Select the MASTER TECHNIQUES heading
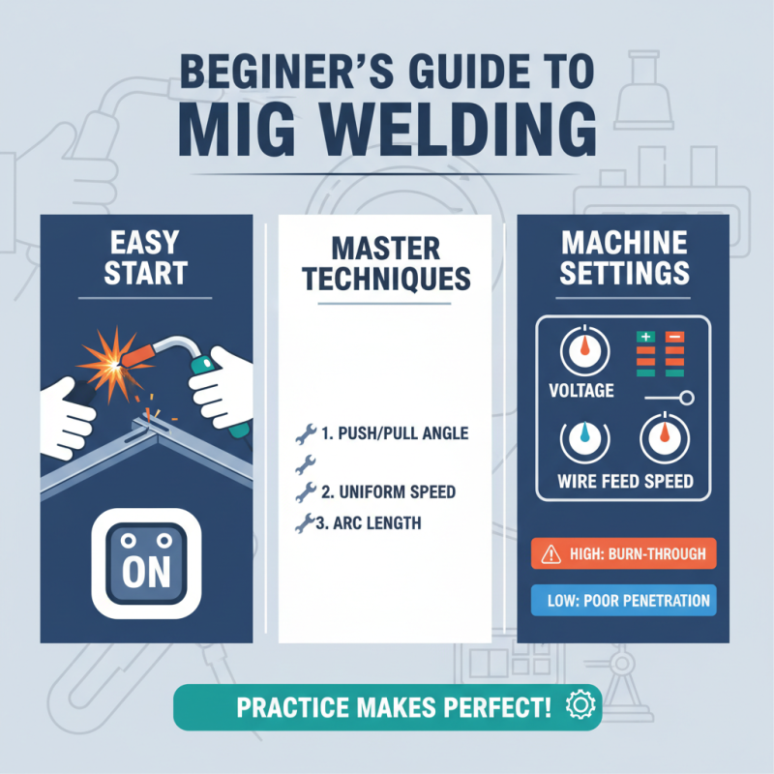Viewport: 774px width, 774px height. (x=386, y=262)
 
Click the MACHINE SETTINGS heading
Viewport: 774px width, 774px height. (x=624, y=256)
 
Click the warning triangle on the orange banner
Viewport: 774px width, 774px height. (x=551, y=555)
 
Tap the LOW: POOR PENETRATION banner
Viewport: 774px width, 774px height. (x=624, y=601)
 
